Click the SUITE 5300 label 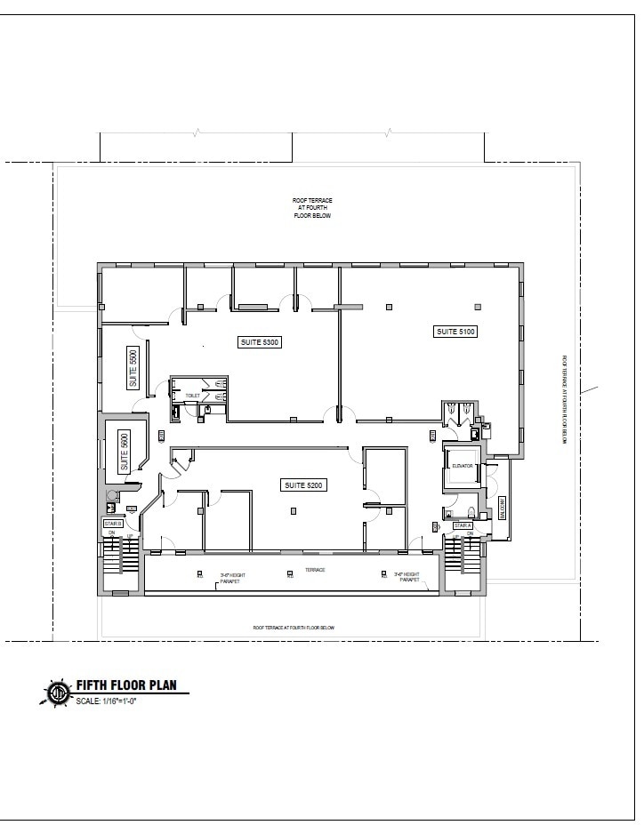(260, 341)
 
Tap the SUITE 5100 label (455, 332)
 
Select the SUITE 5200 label (304, 485)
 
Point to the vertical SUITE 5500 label (133, 367)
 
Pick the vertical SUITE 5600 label (125, 451)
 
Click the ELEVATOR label (462, 466)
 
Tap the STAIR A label (463, 525)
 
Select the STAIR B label (112, 525)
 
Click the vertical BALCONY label (502, 508)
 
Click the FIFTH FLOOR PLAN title (126, 685)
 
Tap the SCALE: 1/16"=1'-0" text (112, 701)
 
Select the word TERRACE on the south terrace (315, 570)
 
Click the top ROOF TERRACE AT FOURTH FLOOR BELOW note (312, 208)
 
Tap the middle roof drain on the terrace (291, 574)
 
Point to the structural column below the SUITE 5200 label (294, 510)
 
